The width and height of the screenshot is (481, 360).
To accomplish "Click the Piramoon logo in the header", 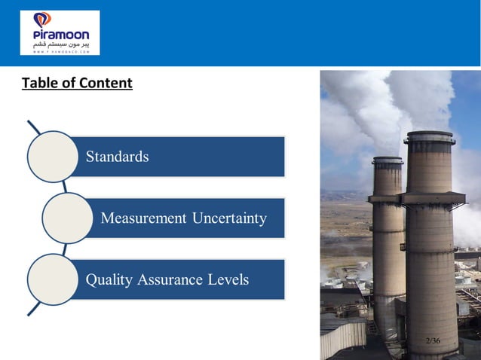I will point(60,32).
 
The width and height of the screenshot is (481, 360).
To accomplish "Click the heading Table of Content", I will point(77,83).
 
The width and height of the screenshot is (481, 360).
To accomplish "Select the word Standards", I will point(117,157).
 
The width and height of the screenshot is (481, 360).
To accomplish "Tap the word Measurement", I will point(143,218).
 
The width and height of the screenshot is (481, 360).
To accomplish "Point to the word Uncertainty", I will point(229,218).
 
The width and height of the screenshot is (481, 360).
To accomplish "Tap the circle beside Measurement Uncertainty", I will point(68,218).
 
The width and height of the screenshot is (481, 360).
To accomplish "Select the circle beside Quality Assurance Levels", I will point(53,279).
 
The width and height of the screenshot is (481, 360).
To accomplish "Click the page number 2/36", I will point(433,341).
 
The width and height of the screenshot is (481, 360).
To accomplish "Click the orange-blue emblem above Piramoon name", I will point(44,20).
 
